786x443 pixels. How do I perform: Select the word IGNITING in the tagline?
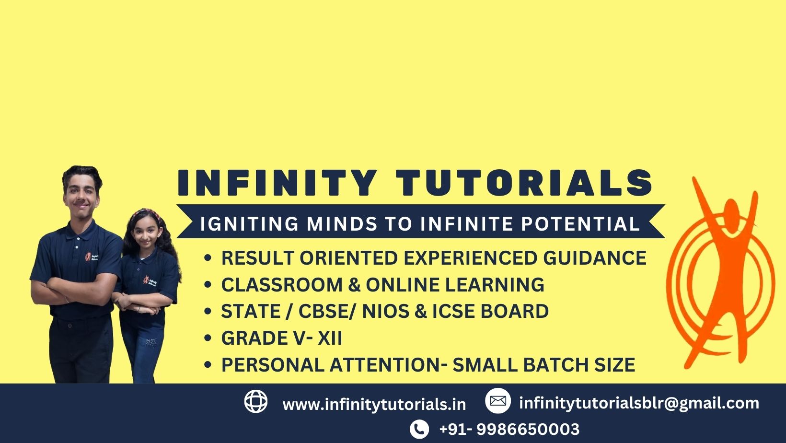(x=249, y=224)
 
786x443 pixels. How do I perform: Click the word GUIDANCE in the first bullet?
(x=595, y=258)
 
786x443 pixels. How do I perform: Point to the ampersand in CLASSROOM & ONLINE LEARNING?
(x=354, y=285)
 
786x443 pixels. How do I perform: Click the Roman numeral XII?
(x=330, y=338)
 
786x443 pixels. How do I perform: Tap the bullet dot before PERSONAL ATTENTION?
(x=208, y=365)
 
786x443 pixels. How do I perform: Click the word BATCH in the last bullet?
(x=555, y=365)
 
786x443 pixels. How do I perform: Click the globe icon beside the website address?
(x=256, y=401)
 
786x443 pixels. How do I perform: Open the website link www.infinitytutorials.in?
(x=374, y=404)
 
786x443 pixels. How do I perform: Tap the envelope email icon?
(x=498, y=400)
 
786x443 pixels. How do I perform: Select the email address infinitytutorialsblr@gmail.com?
(x=639, y=403)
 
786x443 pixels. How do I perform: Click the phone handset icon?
(x=419, y=429)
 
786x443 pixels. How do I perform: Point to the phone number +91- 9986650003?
(x=509, y=429)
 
